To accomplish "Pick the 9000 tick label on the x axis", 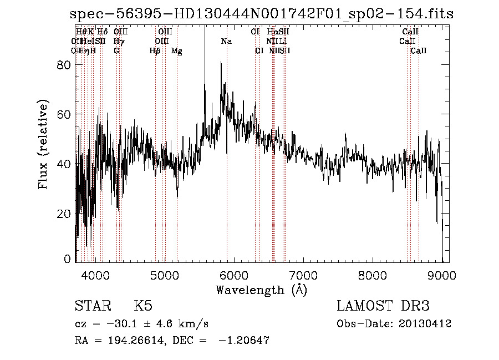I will click(442, 275).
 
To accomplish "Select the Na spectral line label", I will click(226, 41).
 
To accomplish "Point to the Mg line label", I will click(176, 51).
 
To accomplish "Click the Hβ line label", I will click(155, 51).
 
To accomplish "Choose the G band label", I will click(116, 51).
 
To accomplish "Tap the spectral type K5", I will click(143, 306).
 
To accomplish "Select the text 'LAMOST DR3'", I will click(383, 306).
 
